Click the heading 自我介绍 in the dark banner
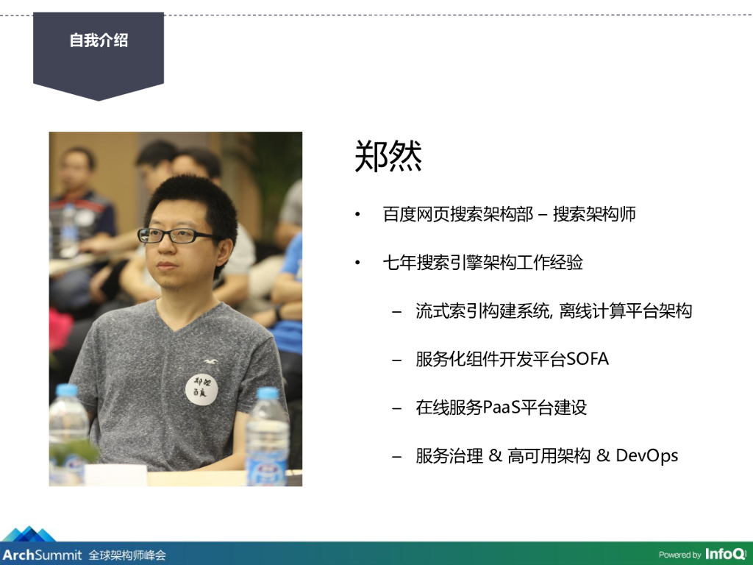pyautogui.click(x=99, y=40)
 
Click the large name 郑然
pyautogui.click(x=388, y=156)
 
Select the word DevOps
pyautogui.click(x=646, y=455)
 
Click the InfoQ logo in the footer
pyautogui.click(x=726, y=554)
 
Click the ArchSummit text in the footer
pyautogui.click(x=42, y=555)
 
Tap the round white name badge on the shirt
pyautogui.click(x=201, y=388)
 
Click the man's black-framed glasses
pyautogui.click(x=175, y=235)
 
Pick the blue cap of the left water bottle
pyautogui.click(x=67, y=390)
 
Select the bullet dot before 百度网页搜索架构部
pyautogui.click(x=357, y=214)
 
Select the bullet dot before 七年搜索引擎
pyautogui.click(x=357, y=263)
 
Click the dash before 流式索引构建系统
pyautogui.click(x=396, y=312)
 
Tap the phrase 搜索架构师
pyautogui.click(x=594, y=214)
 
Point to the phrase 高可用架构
pyautogui.click(x=549, y=455)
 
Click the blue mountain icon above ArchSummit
pyautogui.click(x=29, y=534)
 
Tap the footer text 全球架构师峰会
pyautogui.click(x=127, y=555)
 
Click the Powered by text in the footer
pyautogui.click(x=679, y=555)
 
